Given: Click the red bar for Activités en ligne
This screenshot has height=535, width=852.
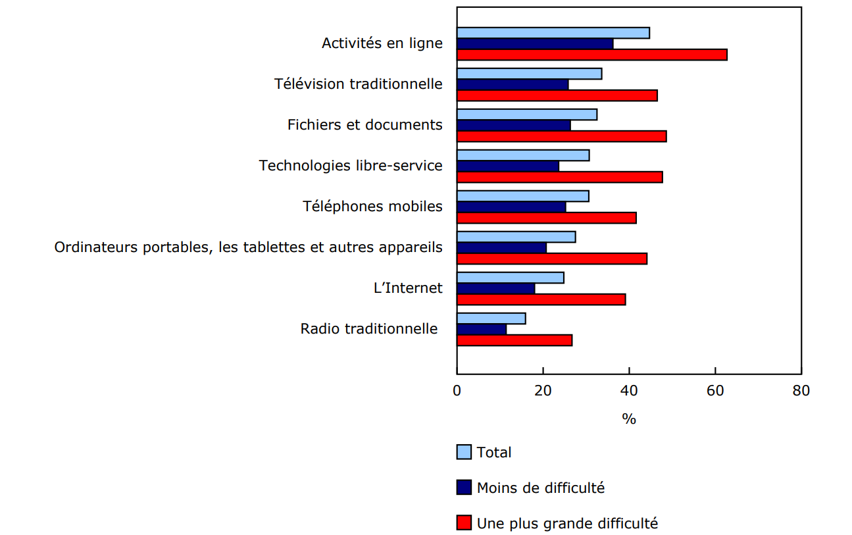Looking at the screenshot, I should click(x=591, y=55).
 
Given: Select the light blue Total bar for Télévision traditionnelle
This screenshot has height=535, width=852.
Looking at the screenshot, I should click(x=529, y=74).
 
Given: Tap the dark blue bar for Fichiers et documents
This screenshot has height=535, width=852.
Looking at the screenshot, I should click(x=513, y=125).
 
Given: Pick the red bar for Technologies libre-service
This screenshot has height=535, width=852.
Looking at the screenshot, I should click(x=559, y=177).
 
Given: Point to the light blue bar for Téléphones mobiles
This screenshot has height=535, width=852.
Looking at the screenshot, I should click(x=522, y=196).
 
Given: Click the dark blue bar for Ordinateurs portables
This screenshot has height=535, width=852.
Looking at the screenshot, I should click(x=501, y=247).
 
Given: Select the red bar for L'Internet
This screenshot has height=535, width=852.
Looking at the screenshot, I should click(x=541, y=299).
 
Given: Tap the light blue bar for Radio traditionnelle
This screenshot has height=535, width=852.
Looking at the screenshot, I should click(x=491, y=318).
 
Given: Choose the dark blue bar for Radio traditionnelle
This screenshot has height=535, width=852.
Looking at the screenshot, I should click(x=481, y=329).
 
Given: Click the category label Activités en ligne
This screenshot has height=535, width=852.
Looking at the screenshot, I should click(x=382, y=43).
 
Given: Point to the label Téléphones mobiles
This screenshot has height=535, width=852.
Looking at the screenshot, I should click(x=372, y=206).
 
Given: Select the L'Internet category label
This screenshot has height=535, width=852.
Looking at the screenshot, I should click(x=408, y=288).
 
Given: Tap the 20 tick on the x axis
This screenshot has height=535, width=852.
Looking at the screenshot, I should click(x=543, y=390).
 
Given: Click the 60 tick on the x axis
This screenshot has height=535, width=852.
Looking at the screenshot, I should click(x=715, y=390).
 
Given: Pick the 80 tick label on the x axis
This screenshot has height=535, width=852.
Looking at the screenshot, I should click(x=801, y=390).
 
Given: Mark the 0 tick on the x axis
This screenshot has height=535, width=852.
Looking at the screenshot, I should click(x=457, y=390).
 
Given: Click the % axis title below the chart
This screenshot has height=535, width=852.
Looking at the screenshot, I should click(x=629, y=419).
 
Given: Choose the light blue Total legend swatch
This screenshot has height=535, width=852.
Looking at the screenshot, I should click(x=464, y=452).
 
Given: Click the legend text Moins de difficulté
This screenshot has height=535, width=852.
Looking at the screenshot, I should click(x=540, y=488).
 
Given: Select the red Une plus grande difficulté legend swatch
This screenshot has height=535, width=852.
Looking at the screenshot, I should click(x=464, y=523).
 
